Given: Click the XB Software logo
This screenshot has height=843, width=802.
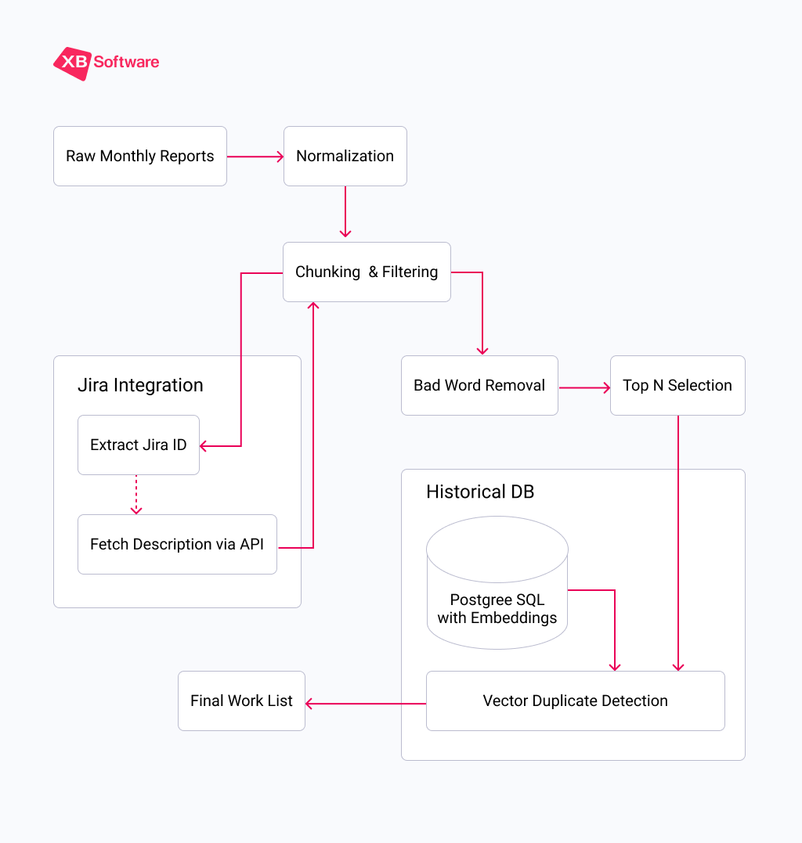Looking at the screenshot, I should [x=106, y=63].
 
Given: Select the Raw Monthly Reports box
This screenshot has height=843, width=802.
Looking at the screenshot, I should [x=139, y=157].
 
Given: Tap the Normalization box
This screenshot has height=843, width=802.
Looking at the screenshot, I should [x=345, y=157].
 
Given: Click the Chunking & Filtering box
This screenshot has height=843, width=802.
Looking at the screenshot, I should [x=366, y=272].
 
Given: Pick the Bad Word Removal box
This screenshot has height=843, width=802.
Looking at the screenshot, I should [x=479, y=386].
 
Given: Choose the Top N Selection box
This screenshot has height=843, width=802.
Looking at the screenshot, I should [x=677, y=386].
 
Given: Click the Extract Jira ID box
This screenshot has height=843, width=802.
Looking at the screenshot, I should [x=138, y=445].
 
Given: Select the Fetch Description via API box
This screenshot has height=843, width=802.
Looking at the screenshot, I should [x=177, y=545].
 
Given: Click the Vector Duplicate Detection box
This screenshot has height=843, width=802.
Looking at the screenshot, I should [x=575, y=701].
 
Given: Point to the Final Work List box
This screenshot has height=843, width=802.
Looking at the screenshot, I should [x=241, y=701].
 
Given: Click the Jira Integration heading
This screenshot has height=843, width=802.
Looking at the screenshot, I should [x=140, y=385].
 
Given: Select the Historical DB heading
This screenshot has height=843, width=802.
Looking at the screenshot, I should [x=480, y=492].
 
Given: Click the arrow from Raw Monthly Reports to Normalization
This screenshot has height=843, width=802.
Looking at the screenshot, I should [x=255, y=157].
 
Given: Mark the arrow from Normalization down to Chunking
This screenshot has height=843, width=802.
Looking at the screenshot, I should [x=345, y=211].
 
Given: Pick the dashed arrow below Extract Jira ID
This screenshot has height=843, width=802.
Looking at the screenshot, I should [x=136, y=495].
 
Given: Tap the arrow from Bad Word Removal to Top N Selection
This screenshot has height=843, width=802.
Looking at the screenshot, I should [x=584, y=387].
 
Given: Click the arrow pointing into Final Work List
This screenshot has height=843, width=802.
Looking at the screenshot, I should [x=365, y=704].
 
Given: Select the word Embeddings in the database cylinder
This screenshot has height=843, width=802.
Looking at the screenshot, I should [x=519, y=618].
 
